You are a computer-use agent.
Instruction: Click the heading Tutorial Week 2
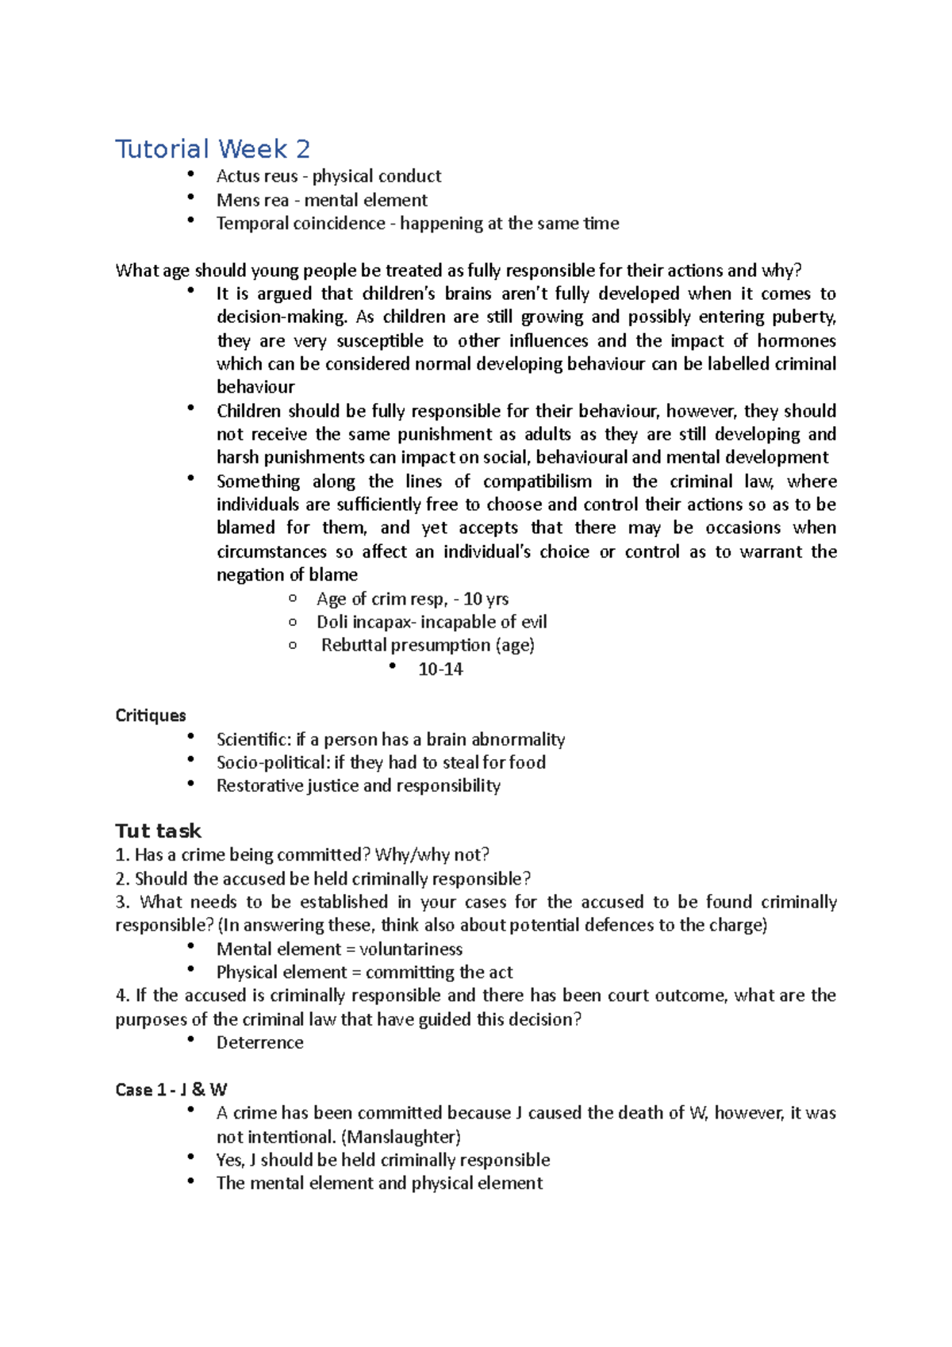click(213, 149)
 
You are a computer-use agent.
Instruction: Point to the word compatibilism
click(537, 482)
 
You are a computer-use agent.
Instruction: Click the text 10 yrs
click(486, 599)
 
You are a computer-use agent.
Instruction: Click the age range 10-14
click(440, 670)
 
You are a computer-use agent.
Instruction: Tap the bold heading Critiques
click(151, 716)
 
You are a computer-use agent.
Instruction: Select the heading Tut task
click(158, 831)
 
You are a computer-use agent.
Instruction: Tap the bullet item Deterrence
click(259, 1043)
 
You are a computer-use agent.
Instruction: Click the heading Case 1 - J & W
click(171, 1090)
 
